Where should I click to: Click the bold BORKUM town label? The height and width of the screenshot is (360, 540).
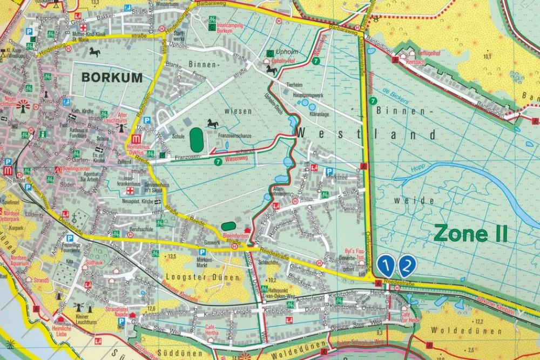coord(112,77)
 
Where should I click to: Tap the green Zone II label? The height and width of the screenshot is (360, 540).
coord(470,234)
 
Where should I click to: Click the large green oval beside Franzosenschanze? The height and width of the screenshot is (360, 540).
coord(196,140)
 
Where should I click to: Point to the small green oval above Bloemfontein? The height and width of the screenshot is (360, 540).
coord(229,226)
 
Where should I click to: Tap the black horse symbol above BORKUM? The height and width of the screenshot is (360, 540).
coord(95,52)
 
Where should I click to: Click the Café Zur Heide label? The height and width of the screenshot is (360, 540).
coord(410,317)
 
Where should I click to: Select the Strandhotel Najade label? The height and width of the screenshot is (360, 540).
coord(116,311)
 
